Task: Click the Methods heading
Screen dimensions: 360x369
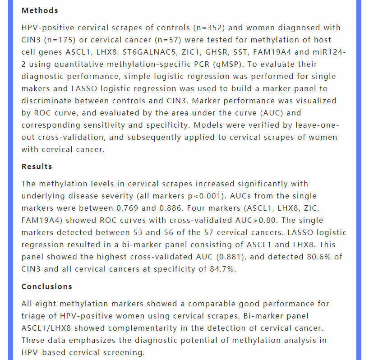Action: [x=40, y=10]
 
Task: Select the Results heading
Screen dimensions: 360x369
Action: [x=37, y=166]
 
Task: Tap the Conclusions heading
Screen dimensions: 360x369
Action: [x=46, y=286]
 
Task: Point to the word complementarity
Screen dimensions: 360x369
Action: [x=174, y=328]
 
